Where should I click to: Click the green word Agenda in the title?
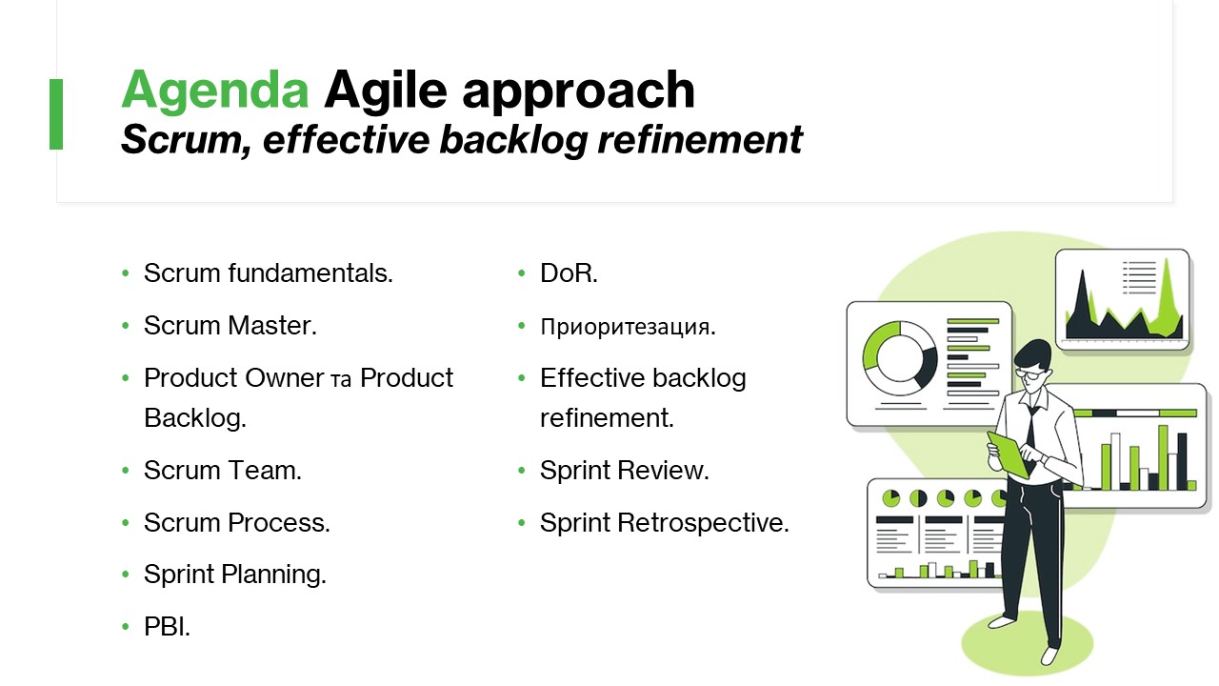pos(215,91)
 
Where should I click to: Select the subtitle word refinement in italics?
pos(700,139)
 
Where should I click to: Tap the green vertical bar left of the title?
pos(56,113)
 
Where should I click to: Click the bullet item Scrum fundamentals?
pos(268,272)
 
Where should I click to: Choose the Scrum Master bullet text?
pos(230,325)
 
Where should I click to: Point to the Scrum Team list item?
pos(223,470)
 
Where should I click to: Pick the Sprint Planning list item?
pos(235,575)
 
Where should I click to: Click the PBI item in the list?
pos(167,626)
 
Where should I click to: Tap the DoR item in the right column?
pos(569,272)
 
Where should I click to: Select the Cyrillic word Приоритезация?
pos(628,327)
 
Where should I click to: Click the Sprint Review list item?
pos(625,470)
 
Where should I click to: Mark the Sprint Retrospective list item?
pos(665,522)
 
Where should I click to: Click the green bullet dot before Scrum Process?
pos(126,523)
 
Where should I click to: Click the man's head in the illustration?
pos(1033,364)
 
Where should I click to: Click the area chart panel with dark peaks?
pos(1122,299)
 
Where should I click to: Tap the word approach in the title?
pos(578,91)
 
